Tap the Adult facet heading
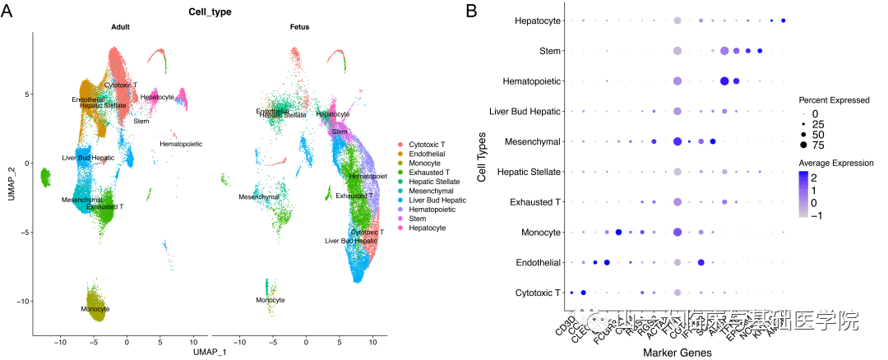[121, 28]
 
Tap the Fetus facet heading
[299, 28]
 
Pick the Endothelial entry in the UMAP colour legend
[427, 154]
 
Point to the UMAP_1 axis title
[203, 352]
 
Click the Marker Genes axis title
[677, 353]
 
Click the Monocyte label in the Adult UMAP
[95, 309]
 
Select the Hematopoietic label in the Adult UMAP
[181, 144]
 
